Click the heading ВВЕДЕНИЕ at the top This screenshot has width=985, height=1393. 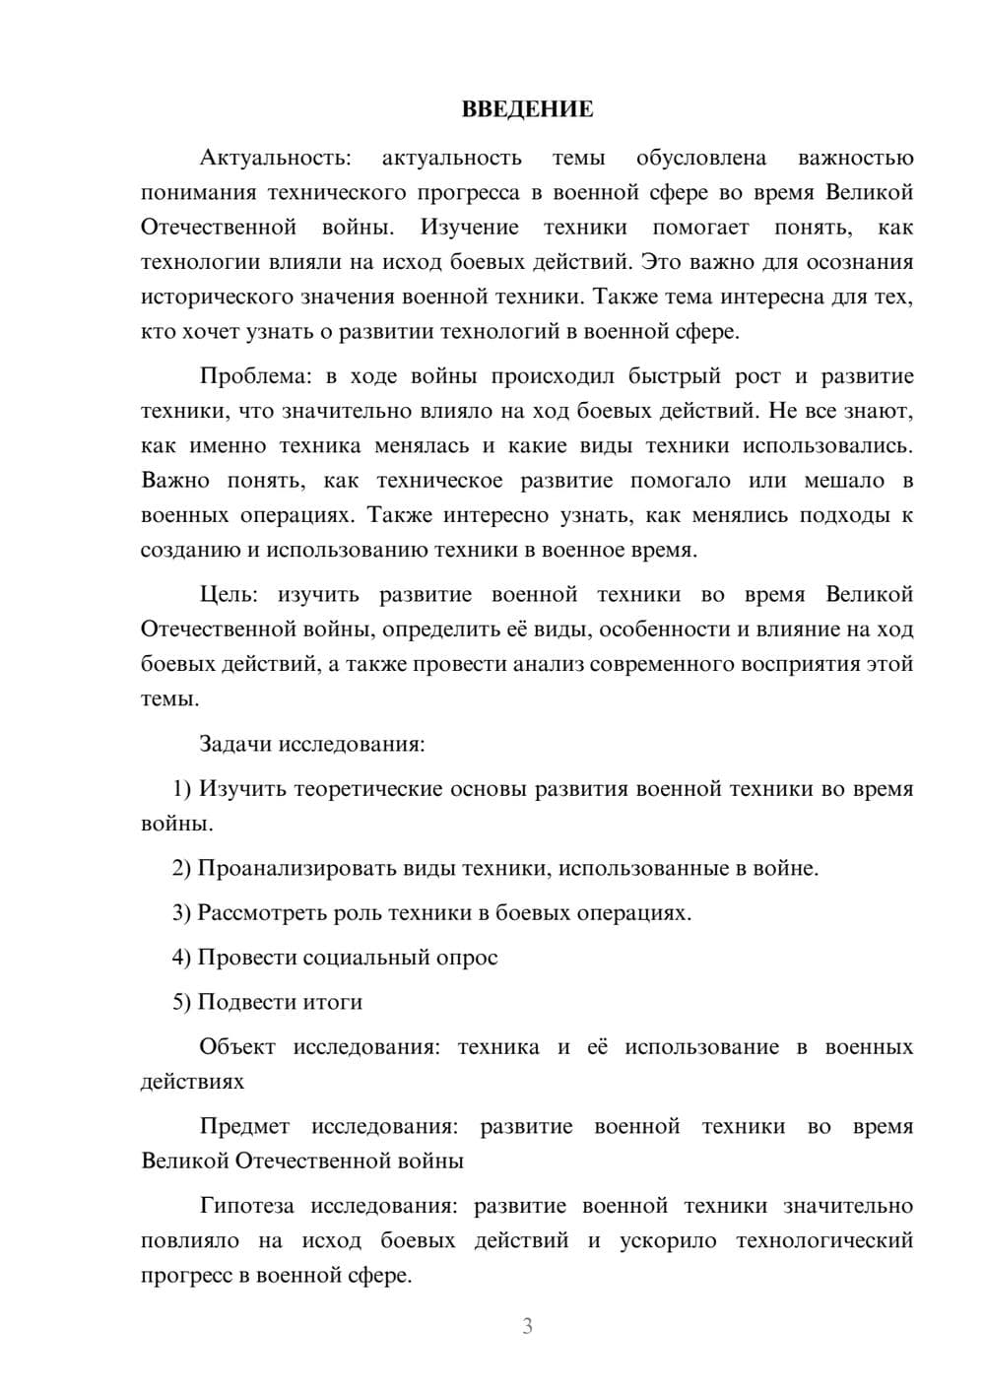(x=527, y=109)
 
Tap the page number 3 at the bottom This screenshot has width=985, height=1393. (x=527, y=1326)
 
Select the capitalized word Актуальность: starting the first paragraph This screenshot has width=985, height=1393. (x=275, y=158)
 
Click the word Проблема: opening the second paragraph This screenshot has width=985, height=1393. (x=256, y=376)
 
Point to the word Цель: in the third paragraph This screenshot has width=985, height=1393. (x=229, y=595)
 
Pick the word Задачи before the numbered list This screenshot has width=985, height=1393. (x=235, y=744)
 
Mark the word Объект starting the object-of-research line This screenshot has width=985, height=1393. (x=237, y=1047)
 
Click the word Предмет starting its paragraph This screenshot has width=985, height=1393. (x=244, y=1127)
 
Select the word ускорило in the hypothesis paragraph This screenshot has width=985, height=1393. (x=668, y=1240)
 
